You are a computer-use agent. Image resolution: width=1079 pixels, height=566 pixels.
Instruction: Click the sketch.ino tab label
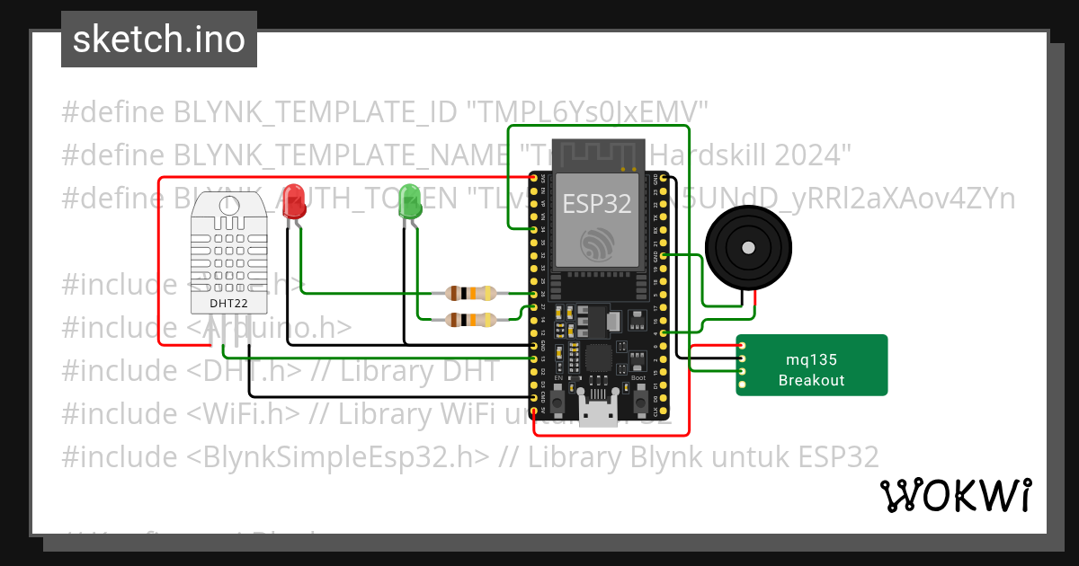[x=159, y=40]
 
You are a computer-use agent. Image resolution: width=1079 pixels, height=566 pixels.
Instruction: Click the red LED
[x=293, y=201]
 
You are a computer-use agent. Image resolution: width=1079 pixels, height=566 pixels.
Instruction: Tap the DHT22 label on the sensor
[x=228, y=303]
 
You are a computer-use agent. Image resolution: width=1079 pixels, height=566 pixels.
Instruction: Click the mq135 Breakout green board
[x=812, y=366]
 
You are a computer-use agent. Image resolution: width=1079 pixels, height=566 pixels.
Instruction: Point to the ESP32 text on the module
[x=596, y=203]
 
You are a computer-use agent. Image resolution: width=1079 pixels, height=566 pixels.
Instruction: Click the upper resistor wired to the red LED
[x=470, y=293]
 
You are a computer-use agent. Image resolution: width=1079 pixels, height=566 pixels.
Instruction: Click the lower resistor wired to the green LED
[x=470, y=319]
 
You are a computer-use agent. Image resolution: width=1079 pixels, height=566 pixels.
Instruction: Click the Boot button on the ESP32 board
[x=638, y=402]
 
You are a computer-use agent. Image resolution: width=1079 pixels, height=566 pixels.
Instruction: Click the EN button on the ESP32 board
[x=557, y=402]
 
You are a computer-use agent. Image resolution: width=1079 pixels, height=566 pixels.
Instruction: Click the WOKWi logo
[x=955, y=495]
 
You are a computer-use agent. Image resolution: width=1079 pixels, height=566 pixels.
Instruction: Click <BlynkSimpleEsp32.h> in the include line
[x=339, y=456]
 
